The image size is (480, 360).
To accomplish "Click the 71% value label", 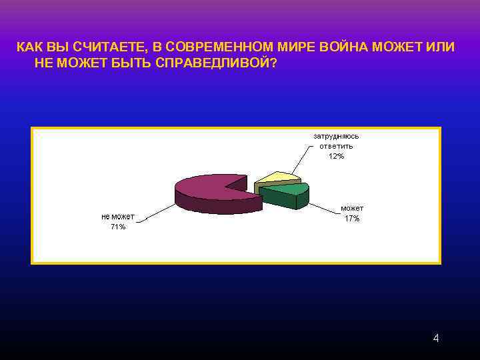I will point(118,227).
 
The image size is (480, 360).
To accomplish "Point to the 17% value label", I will point(352,219).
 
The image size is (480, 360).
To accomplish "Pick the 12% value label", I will point(336,156).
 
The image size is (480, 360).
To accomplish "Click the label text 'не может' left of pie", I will point(118,217).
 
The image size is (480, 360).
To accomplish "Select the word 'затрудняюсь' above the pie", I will point(336,136).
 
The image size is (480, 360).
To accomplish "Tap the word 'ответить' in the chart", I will point(336,146).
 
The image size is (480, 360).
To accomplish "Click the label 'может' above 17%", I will point(352,209).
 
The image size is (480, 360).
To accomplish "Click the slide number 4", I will point(436,339).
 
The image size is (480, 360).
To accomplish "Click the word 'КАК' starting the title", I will point(29,47).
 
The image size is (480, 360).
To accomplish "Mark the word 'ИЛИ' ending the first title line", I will point(442,47).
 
